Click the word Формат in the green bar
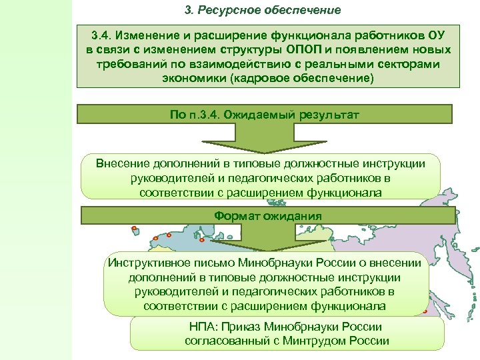click(236, 216)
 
